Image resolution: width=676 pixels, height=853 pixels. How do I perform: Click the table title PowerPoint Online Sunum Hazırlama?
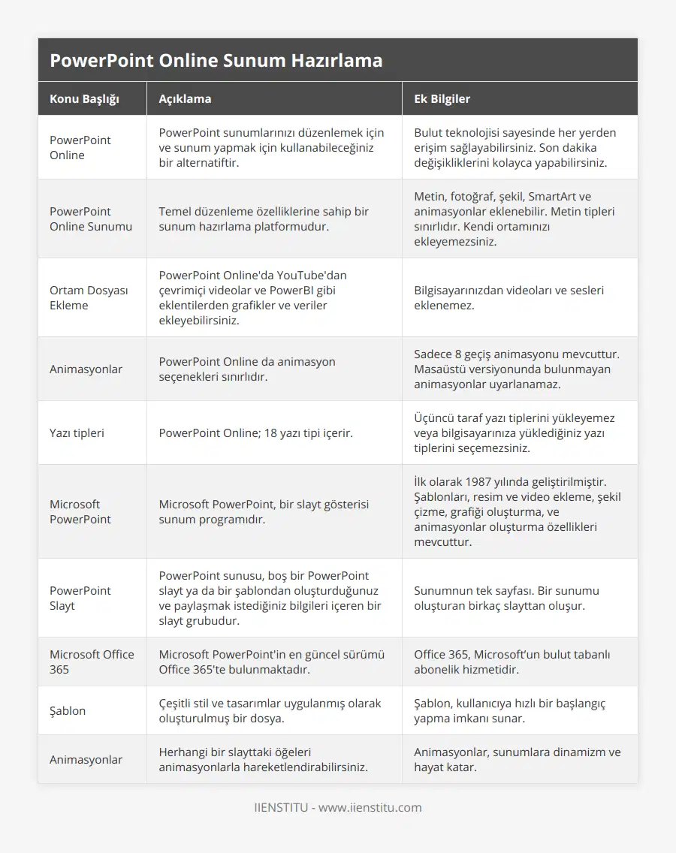point(216,60)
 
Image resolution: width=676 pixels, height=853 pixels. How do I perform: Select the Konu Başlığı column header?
point(84,98)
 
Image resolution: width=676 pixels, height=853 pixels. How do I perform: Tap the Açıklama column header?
point(185,98)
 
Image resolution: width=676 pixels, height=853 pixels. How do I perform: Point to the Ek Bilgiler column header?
point(442,98)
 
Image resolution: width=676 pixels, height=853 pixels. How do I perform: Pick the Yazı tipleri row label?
point(77,433)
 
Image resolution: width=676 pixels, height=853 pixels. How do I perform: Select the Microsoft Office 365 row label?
point(92,662)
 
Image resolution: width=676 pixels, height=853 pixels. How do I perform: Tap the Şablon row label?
point(68,710)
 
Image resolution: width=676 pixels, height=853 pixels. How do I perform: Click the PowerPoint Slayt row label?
point(80,598)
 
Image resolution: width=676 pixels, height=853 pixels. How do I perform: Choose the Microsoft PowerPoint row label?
point(80,511)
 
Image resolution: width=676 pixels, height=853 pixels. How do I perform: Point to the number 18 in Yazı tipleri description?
point(272,433)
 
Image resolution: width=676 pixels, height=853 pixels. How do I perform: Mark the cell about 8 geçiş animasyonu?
point(519,369)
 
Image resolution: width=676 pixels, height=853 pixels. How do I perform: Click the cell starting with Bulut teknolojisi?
point(519,147)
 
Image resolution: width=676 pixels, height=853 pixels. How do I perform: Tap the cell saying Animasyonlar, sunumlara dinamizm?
point(519,759)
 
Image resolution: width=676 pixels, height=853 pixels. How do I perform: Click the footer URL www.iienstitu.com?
point(370,808)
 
